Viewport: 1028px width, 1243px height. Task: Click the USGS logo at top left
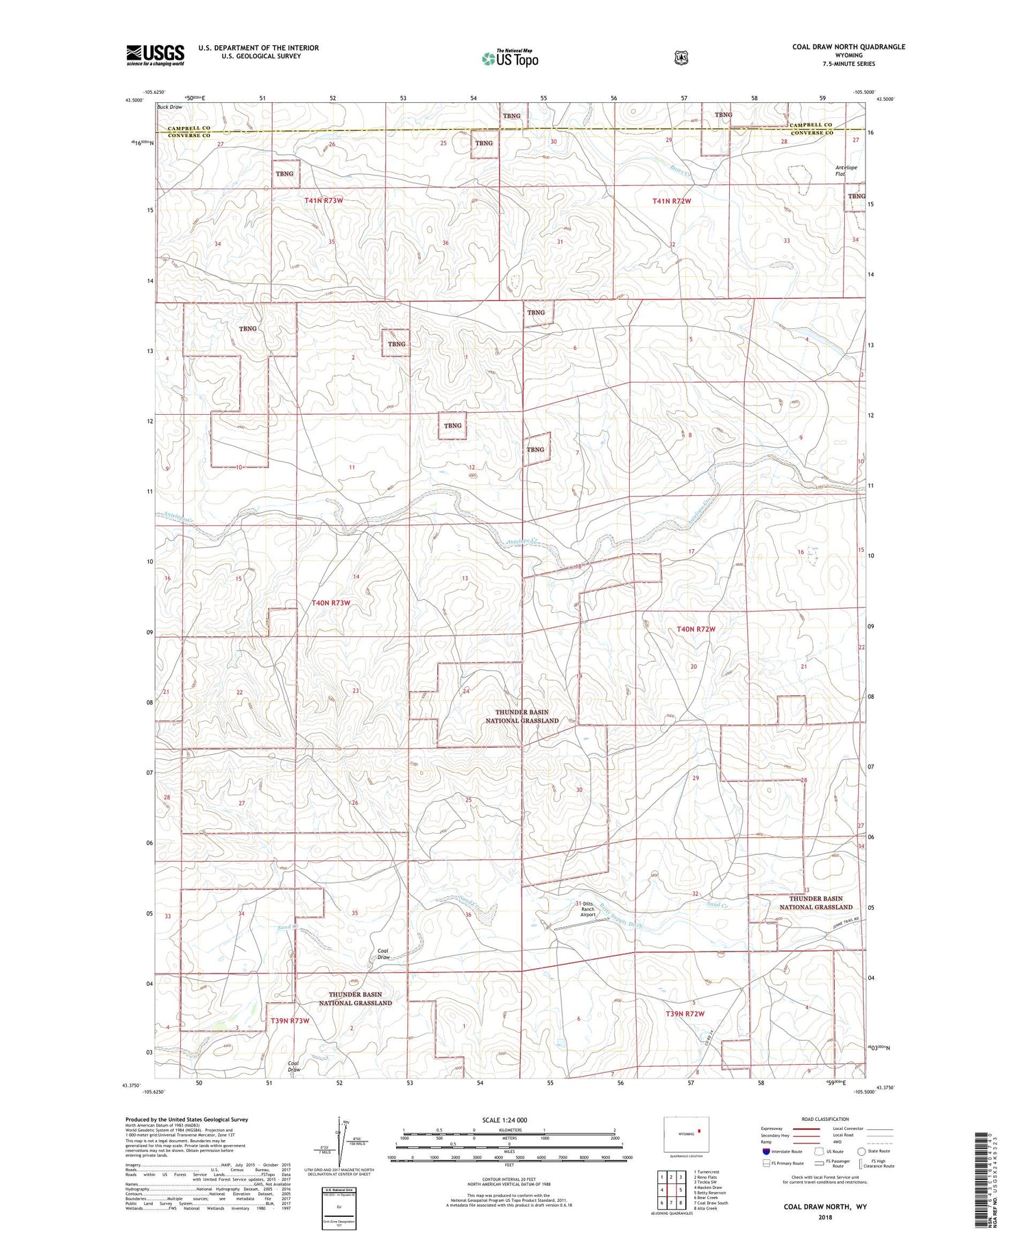(x=156, y=55)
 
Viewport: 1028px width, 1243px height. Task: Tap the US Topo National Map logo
(x=510, y=58)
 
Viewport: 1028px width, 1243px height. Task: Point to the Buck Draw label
(x=170, y=107)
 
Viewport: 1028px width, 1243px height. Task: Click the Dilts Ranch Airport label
(x=588, y=909)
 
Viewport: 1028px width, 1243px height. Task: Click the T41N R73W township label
(x=323, y=200)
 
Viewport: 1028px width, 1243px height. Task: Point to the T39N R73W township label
(x=290, y=1021)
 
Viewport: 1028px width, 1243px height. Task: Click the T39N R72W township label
(x=685, y=1013)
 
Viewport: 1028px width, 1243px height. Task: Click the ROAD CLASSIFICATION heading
(x=825, y=1120)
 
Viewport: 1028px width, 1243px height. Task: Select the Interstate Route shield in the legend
(x=766, y=1151)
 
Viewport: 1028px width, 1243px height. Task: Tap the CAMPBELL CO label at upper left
(x=188, y=128)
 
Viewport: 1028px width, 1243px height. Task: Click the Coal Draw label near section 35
(x=384, y=954)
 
